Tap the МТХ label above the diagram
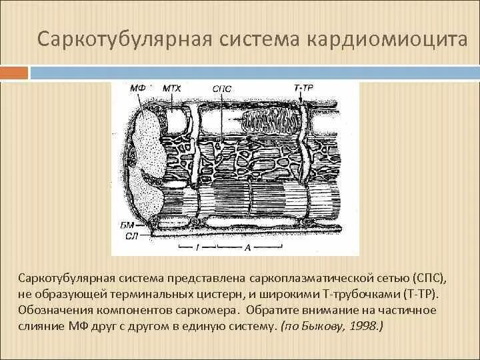click(172, 87)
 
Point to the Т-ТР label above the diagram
click(303, 87)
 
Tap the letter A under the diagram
click(248, 247)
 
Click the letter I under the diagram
click(197, 247)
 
